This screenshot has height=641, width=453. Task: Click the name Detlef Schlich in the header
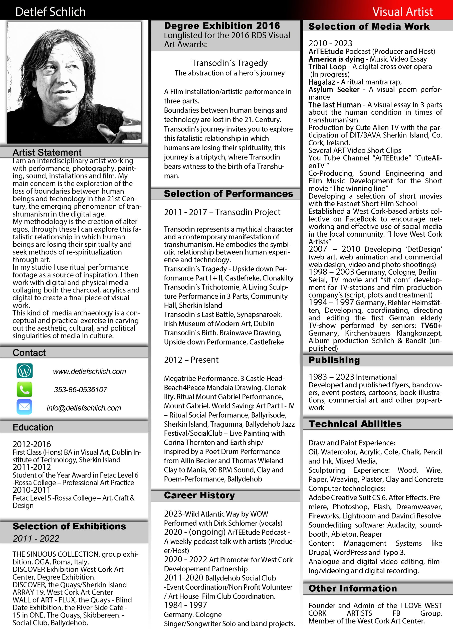51,12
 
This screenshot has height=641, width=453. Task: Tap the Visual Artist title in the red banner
402,12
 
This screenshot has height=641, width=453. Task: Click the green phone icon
25,389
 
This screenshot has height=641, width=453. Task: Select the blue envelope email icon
25,407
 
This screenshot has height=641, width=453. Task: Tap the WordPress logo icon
25,371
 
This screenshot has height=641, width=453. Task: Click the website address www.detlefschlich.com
89,371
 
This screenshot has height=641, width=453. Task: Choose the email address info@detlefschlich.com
84,408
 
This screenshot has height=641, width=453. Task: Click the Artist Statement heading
47,152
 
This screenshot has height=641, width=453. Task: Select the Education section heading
33,427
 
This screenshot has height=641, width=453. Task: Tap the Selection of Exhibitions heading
69,526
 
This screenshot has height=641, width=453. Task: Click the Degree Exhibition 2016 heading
222,26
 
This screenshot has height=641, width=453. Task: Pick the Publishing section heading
334,360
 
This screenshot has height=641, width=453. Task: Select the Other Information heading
353,588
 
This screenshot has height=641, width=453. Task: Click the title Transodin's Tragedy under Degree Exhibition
230,63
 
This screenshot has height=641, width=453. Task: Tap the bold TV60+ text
431,326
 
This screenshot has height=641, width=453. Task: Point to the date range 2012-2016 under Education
32,444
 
